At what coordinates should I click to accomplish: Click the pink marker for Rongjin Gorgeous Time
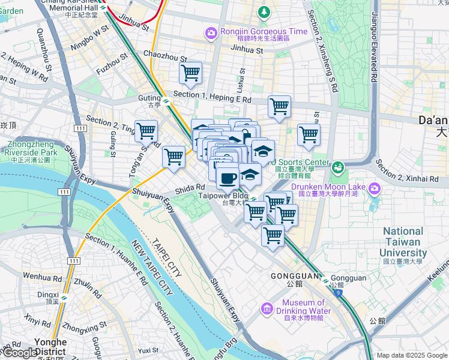[x=211, y=34]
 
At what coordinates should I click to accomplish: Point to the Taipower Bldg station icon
[x=254, y=199]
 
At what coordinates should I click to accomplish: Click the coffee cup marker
[x=228, y=178]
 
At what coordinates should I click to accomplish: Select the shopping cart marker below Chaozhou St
[x=190, y=73]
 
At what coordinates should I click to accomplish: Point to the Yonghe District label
[x=50, y=346]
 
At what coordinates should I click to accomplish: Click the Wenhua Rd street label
[x=38, y=277]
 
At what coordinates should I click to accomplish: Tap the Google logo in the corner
[x=19, y=353]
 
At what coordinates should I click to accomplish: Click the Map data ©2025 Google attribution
[x=411, y=355]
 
